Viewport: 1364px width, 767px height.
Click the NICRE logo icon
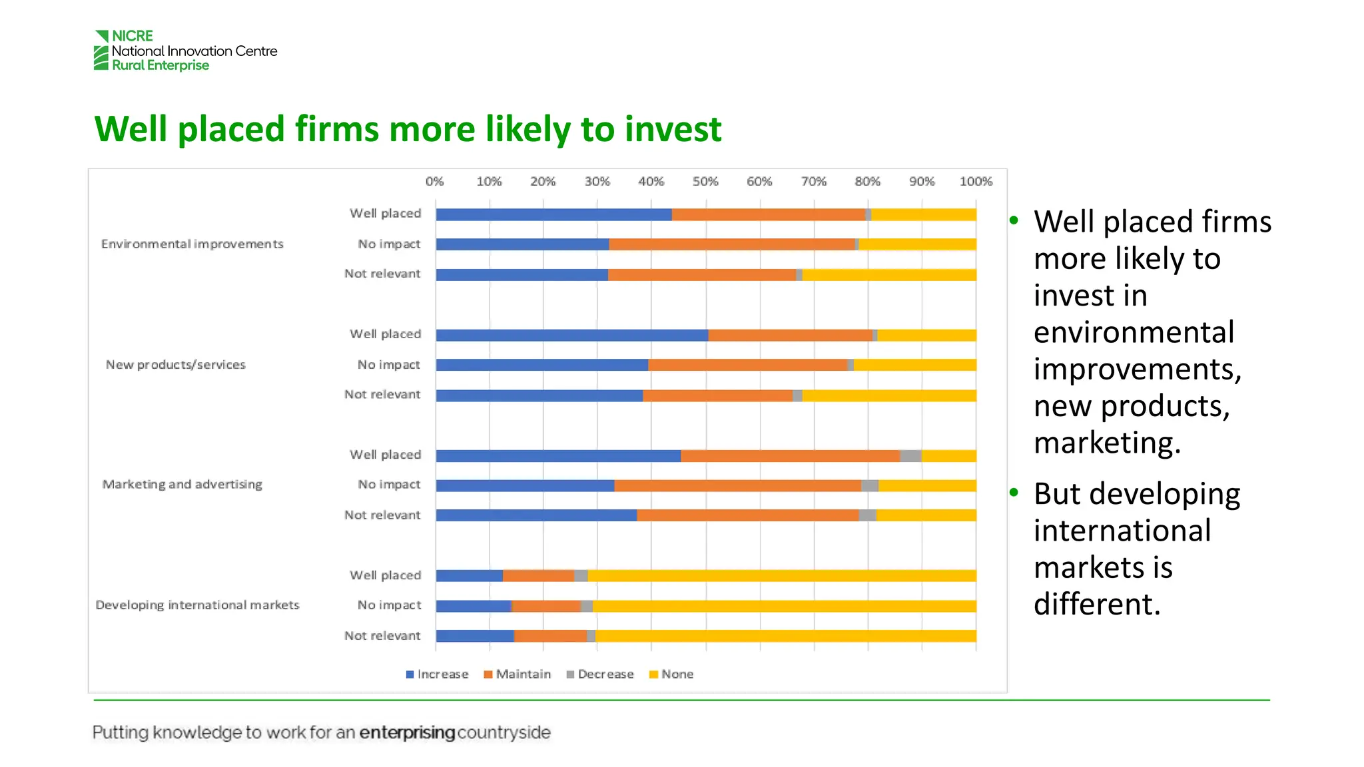(101, 51)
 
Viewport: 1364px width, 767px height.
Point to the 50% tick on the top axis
(705, 181)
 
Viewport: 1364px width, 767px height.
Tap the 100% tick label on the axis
(976, 181)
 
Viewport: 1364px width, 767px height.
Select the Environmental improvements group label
(192, 244)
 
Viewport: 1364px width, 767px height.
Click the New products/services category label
(176, 365)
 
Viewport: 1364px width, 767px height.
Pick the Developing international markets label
(197, 605)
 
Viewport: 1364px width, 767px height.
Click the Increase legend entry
(437, 674)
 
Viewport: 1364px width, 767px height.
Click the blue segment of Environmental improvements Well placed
(553, 214)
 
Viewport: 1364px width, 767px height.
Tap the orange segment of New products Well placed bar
(790, 335)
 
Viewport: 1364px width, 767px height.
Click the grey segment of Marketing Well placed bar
(910, 456)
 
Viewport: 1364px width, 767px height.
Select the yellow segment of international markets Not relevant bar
(786, 637)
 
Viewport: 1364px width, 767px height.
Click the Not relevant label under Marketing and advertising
(382, 515)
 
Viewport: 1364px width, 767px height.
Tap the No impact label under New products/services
(389, 365)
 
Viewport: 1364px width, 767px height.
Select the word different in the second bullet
(1096, 605)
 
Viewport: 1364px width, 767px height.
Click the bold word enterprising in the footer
(407, 733)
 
